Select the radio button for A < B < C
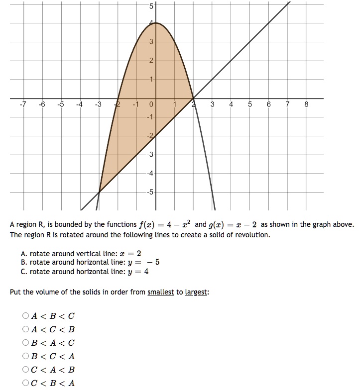point(25,316)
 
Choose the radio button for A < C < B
point(25,329)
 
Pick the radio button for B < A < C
point(25,343)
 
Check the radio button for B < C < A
point(25,356)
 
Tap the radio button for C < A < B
point(25,370)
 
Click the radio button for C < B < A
point(25,383)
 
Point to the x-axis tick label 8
point(306,104)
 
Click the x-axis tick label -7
point(22,104)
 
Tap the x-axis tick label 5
point(250,104)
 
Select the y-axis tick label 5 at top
point(151,6)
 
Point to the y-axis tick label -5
point(150,192)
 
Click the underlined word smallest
point(160,292)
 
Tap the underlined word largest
point(196,292)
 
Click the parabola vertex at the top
point(156,23)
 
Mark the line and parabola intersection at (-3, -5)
point(99,192)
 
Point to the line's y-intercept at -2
point(156,136)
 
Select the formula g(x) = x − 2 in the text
point(229,224)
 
